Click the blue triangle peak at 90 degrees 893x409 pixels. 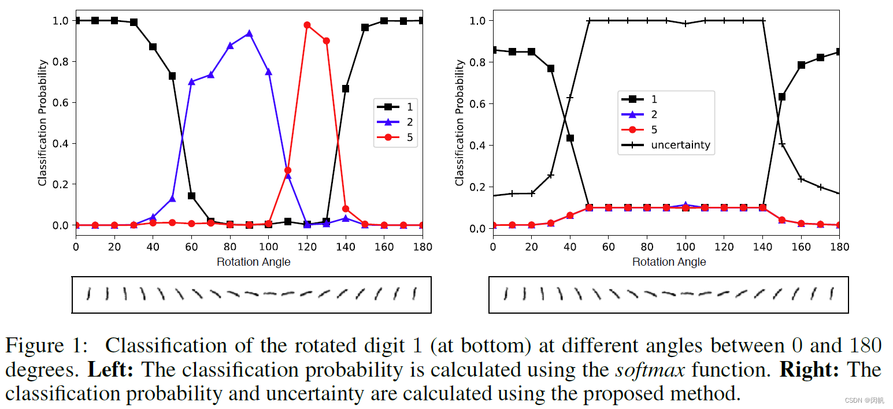point(249,34)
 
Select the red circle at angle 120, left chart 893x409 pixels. point(307,25)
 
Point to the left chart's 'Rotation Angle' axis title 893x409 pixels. point(253,262)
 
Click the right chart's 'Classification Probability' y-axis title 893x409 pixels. point(460,123)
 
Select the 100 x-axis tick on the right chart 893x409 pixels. point(686,246)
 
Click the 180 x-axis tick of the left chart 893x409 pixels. point(423,246)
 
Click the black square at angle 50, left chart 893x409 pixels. point(172,76)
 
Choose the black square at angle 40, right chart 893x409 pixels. point(570,138)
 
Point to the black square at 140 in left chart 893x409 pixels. point(346,88)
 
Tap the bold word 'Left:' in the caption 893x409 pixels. point(110,370)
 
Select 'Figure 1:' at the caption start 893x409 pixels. point(46,346)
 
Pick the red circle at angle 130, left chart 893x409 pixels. point(326,40)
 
